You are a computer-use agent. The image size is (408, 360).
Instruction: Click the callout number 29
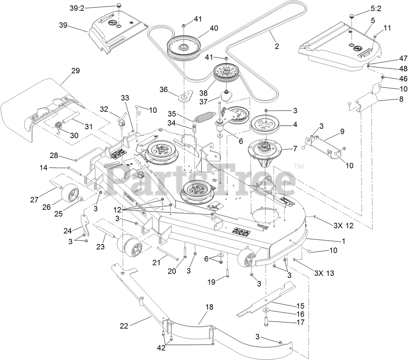coord(75,71)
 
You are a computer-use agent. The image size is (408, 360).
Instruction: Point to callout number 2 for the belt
coord(277,46)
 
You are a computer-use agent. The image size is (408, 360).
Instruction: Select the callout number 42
coord(161,348)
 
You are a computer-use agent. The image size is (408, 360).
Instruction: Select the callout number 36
coord(164,89)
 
